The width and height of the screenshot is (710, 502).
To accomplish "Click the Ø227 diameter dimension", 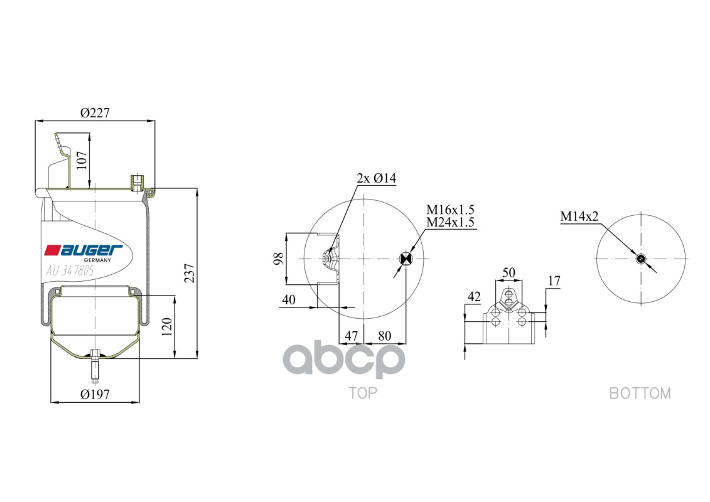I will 95,113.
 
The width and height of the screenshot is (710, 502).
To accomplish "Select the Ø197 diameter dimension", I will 95,394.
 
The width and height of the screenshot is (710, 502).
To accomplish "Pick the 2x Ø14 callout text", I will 377,178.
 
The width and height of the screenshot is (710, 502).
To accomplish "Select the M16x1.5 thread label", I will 450,210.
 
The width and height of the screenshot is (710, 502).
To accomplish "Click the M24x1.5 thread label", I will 450,222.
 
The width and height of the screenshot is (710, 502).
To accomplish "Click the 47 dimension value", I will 351,336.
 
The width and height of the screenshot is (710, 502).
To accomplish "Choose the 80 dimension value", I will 384,336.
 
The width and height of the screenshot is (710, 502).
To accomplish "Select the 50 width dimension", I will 508,272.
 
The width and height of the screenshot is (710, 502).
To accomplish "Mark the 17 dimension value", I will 553,280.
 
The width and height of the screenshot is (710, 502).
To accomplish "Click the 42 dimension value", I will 474,296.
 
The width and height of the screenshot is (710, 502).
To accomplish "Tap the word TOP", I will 363,393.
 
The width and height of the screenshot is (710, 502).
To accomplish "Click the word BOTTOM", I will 640,393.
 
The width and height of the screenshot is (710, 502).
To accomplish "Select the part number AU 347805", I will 70,272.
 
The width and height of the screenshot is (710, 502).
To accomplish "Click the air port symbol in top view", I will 406,259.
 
